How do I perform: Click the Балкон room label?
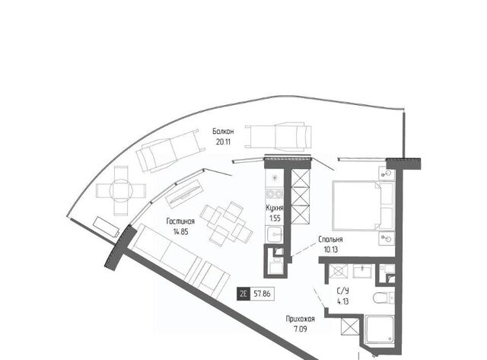(x=223, y=132)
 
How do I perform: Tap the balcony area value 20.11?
(x=223, y=142)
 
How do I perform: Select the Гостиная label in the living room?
(x=180, y=221)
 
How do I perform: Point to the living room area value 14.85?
(x=181, y=231)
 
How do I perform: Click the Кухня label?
(x=275, y=208)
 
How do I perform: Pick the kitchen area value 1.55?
(x=275, y=218)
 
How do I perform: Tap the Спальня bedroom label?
(x=330, y=239)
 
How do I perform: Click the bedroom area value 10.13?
(x=330, y=250)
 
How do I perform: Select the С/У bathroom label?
(x=343, y=291)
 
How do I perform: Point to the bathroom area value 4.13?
(x=343, y=301)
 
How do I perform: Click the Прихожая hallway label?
(x=301, y=319)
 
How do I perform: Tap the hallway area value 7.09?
(x=301, y=329)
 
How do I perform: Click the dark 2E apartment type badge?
(x=243, y=294)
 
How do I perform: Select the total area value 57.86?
(x=262, y=294)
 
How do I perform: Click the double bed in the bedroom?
(x=364, y=205)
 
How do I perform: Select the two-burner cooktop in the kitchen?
(x=275, y=193)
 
